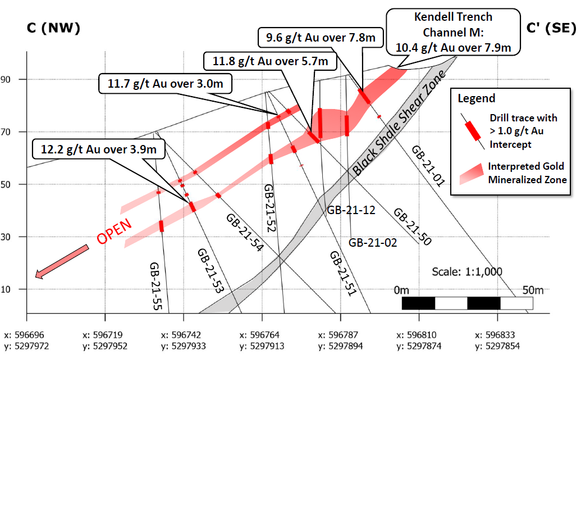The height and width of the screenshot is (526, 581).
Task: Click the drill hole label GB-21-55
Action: pos(157,286)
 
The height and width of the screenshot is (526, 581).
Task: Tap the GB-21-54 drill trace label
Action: pos(245,232)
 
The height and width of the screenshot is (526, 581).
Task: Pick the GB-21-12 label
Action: pos(351,210)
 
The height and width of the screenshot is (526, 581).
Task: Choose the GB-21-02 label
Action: pos(373,243)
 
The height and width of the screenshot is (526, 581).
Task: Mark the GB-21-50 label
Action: pos(412,227)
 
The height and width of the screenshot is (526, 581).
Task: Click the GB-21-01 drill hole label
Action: pos(428,166)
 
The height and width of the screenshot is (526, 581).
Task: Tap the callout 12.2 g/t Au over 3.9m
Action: pos(98,149)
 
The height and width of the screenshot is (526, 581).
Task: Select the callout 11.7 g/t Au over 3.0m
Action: pos(165,84)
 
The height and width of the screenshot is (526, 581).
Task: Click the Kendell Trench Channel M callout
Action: pos(453,33)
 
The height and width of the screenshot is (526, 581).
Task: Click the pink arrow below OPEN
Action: pos(62,261)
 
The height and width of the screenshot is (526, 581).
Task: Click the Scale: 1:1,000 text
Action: pos(467,271)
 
